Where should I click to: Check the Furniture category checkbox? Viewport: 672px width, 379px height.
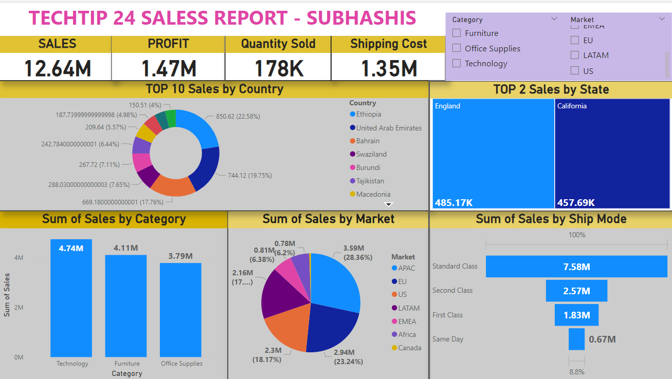pyautogui.click(x=457, y=33)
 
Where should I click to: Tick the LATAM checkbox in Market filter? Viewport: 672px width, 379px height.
pyautogui.click(x=575, y=55)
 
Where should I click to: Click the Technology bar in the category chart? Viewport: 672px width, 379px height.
pyautogui.click(x=71, y=298)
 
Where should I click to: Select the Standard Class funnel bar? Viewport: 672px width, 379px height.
pyautogui.click(x=576, y=267)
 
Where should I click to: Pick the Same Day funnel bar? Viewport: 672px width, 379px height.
pyautogui.click(x=576, y=339)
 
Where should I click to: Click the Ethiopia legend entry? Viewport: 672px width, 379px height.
pyautogui.click(x=369, y=115)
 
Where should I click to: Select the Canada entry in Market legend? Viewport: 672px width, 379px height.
pyautogui.click(x=409, y=348)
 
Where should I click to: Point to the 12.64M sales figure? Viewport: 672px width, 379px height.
pyautogui.click(x=58, y=68)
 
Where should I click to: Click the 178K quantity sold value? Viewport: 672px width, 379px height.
pyautogui.click(x=278, y=68)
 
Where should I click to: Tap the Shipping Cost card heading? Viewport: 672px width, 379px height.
pyautogui.click(x=389, y=44)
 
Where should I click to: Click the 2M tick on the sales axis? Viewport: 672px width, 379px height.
pyautogui.click(x=19, y=307)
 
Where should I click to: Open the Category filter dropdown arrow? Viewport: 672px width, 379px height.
pyautogui.click(x=554, y=19)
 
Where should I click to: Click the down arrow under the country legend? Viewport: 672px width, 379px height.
pyautogui.click(x=389, y=204)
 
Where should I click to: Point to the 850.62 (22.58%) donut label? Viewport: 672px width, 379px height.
pyautogui.click(x=238, y=117)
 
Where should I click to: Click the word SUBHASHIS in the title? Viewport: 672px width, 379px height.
pyautogui.click(x=361, y=18)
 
